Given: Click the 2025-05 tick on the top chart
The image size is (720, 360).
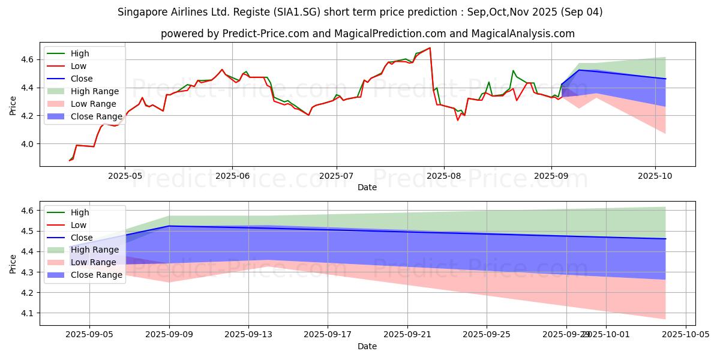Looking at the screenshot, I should coord(125,176).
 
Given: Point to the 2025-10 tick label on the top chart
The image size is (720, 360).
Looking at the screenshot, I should coord(655,176).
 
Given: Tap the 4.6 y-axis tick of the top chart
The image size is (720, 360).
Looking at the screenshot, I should coord(26,59).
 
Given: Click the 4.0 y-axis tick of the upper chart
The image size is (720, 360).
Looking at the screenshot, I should coord(26,144).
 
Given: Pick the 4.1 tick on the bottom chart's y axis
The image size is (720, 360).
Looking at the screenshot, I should coord(26,313).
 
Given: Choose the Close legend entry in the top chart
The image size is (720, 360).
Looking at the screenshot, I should coord(82,79).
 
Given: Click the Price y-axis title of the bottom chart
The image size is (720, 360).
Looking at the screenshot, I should coord(13,263).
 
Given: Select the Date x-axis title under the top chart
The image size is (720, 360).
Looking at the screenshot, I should coord(367,187).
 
